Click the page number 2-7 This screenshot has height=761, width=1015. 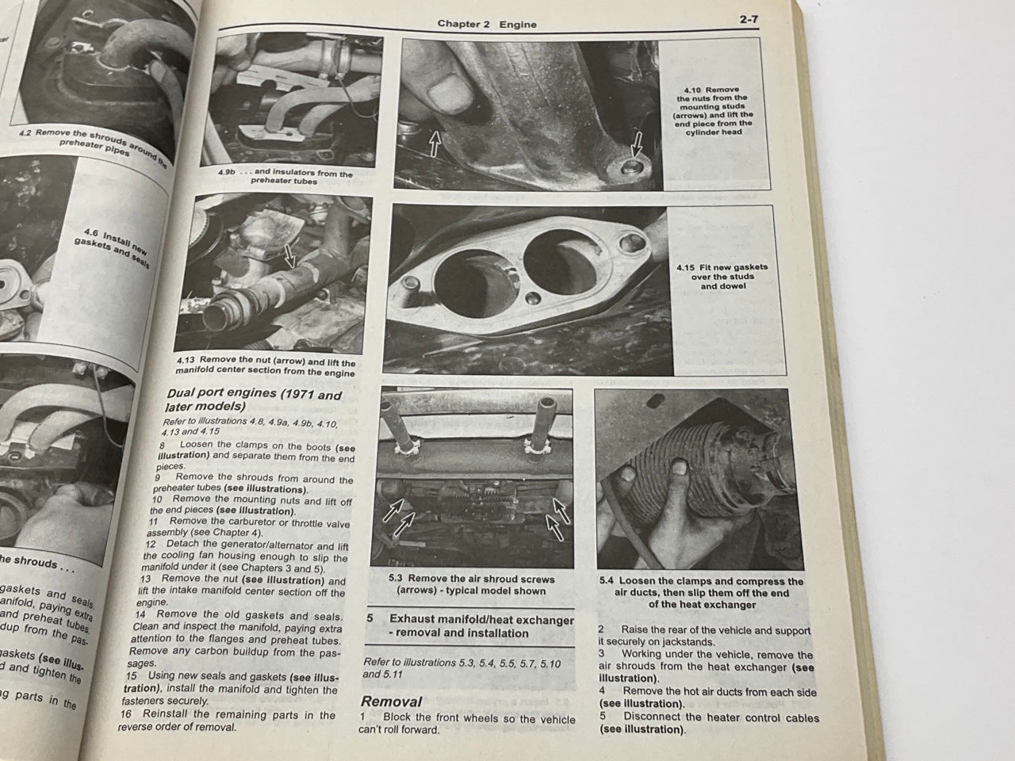pyautogui.click(x=748, y=21)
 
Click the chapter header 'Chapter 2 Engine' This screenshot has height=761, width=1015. pyautogui.click(x=487, y=24)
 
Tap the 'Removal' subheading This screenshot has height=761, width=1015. pyautogui.click(x=391, y=701)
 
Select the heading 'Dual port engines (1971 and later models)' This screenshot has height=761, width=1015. pyautogui.click(x=254, y=401)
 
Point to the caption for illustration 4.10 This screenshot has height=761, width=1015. pyautogui.click(x=714, y=112)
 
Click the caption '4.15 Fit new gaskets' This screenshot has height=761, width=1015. pyautogui.click(x=722, y=277)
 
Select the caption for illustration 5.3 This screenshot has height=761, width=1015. pyautogui.click(x=473, y=585)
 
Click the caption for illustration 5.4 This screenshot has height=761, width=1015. pyautogui.click(x=701, y=592)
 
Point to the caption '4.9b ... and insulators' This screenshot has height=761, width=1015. pyautogui.click(x=285, y=177)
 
